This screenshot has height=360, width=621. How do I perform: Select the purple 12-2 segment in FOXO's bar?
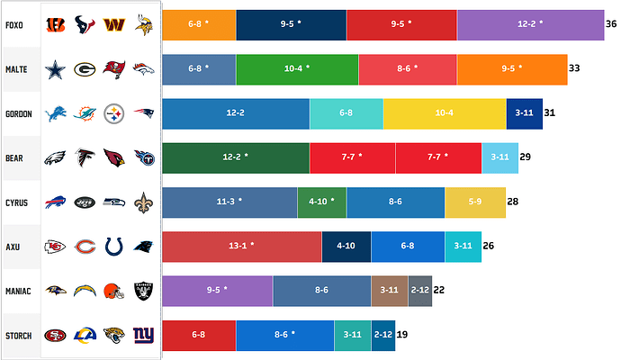pyautogui.click(x=530, y=24)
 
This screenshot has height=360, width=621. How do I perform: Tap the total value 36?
pyautogui.click(x=611, y=24)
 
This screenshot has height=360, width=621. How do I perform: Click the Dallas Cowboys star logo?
pyautogui.click(x=55, y=69)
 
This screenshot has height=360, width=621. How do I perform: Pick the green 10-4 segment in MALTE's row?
pyautogui.click(x=297, y=69)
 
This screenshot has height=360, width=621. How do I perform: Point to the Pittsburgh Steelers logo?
pyautogui.click(x=113, y=113)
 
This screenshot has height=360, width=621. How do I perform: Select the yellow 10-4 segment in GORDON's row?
pyautogui.click(x=445, y=113)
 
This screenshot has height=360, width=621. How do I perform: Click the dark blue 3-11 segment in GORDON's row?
pyautogui.click(x=524, y=113)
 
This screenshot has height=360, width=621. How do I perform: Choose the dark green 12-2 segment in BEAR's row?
pyautogui.click(x=236, y=157)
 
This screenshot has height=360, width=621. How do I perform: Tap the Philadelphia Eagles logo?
pyautogui.click(x=55, y=157)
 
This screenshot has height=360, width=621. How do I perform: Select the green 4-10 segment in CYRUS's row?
pyautogui.click(x=321, y=202)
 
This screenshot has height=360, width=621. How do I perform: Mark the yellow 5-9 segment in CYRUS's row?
pyautogui.click(x=469, y=202)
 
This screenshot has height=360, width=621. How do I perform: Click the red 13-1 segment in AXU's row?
pyautogui.click(x=241, y=246)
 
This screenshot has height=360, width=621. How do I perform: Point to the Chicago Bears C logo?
pyautogui.click(x=85, y=246)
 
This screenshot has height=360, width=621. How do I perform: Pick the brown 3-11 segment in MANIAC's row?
pyautogui.click(x=389, y=290)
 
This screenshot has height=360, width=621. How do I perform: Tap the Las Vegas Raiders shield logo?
pyautogui.click(x=143, y=290)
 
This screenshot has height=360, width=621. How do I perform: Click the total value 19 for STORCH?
pyautogui.click(x=402, y=335)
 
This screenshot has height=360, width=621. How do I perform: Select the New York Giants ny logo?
pyautogui.click(x=143, y=335)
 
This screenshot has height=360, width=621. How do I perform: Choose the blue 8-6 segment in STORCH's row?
pyautogui.click(x=284, y=335)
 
